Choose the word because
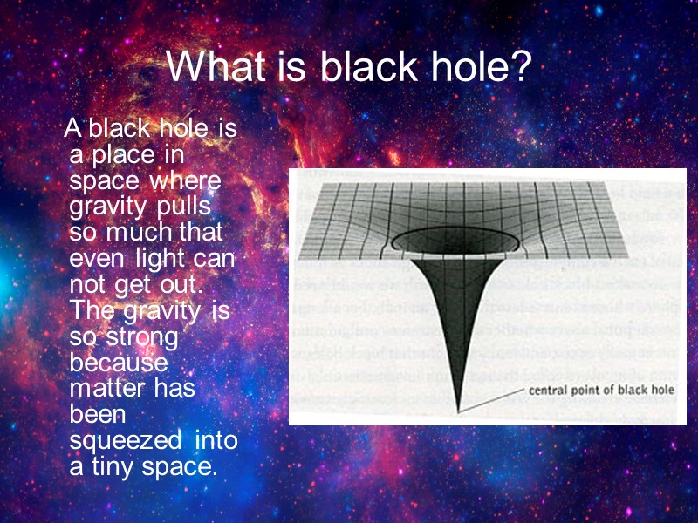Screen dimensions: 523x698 pyautogui.click(x=118, y=363)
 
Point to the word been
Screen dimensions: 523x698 pyautogui.click(x=98, y=414)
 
